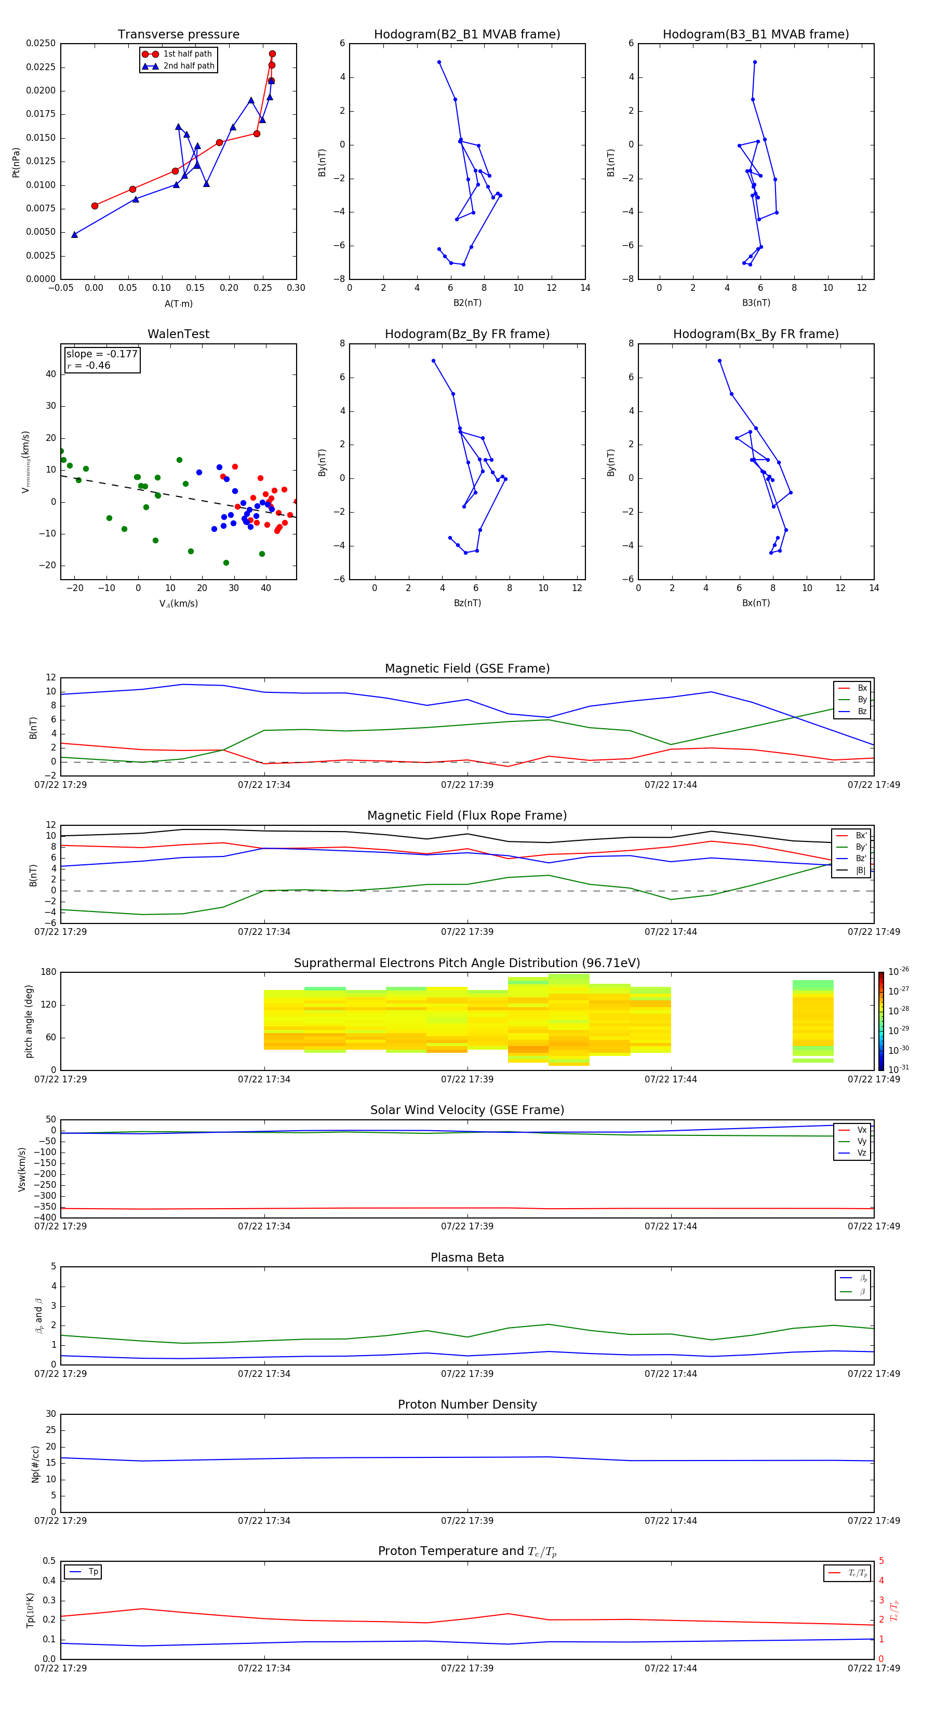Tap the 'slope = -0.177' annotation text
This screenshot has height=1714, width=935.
click(102, 354)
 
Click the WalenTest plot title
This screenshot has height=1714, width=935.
click(178, 334)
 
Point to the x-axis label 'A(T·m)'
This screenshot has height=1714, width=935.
click(178, 303)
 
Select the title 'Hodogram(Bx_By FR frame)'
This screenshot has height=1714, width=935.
click(755, 334)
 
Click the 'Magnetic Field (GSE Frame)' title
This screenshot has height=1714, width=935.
click(467, 668)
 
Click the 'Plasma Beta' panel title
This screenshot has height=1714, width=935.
click(467, 1257)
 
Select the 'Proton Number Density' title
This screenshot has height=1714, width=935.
click(467, 1404)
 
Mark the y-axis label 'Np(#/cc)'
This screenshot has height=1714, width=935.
click(35, 1464)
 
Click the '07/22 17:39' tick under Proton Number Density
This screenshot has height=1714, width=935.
click(467, 1521)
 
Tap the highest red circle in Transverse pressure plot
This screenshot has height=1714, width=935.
click(272, 54)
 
